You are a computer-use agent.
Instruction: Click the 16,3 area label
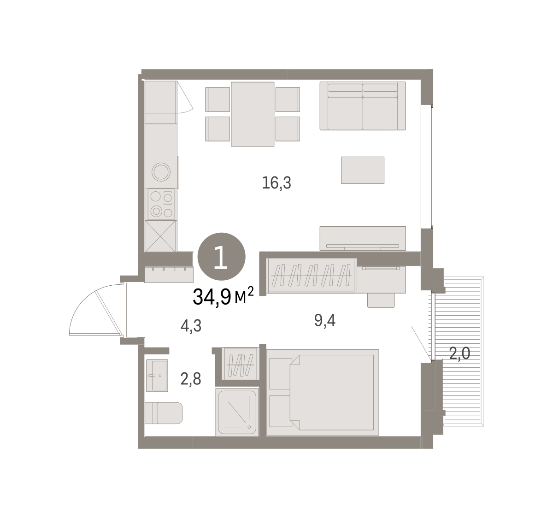(276, 183)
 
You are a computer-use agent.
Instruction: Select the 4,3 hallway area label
(191, 325)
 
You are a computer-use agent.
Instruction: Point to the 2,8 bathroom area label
(191, 379)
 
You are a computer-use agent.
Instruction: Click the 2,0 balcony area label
(460, 353)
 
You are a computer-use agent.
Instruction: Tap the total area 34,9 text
(212, 297)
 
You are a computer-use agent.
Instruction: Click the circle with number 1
(221, 257)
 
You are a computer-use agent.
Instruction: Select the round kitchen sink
(161, 172)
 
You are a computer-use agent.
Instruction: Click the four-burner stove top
(161, 204)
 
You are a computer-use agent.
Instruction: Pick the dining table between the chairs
(253, 114)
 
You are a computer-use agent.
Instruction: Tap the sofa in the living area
(363, 106)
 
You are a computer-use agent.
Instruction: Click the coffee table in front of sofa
(363, 170)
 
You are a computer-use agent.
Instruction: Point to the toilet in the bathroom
(164, 413)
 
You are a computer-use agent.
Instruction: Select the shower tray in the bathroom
(237, 412)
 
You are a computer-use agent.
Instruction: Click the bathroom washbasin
(157, 376)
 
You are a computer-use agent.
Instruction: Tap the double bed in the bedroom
(323, 392)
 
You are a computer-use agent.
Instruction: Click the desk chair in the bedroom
(381, 300)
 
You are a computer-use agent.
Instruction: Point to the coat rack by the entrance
(169, 274)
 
